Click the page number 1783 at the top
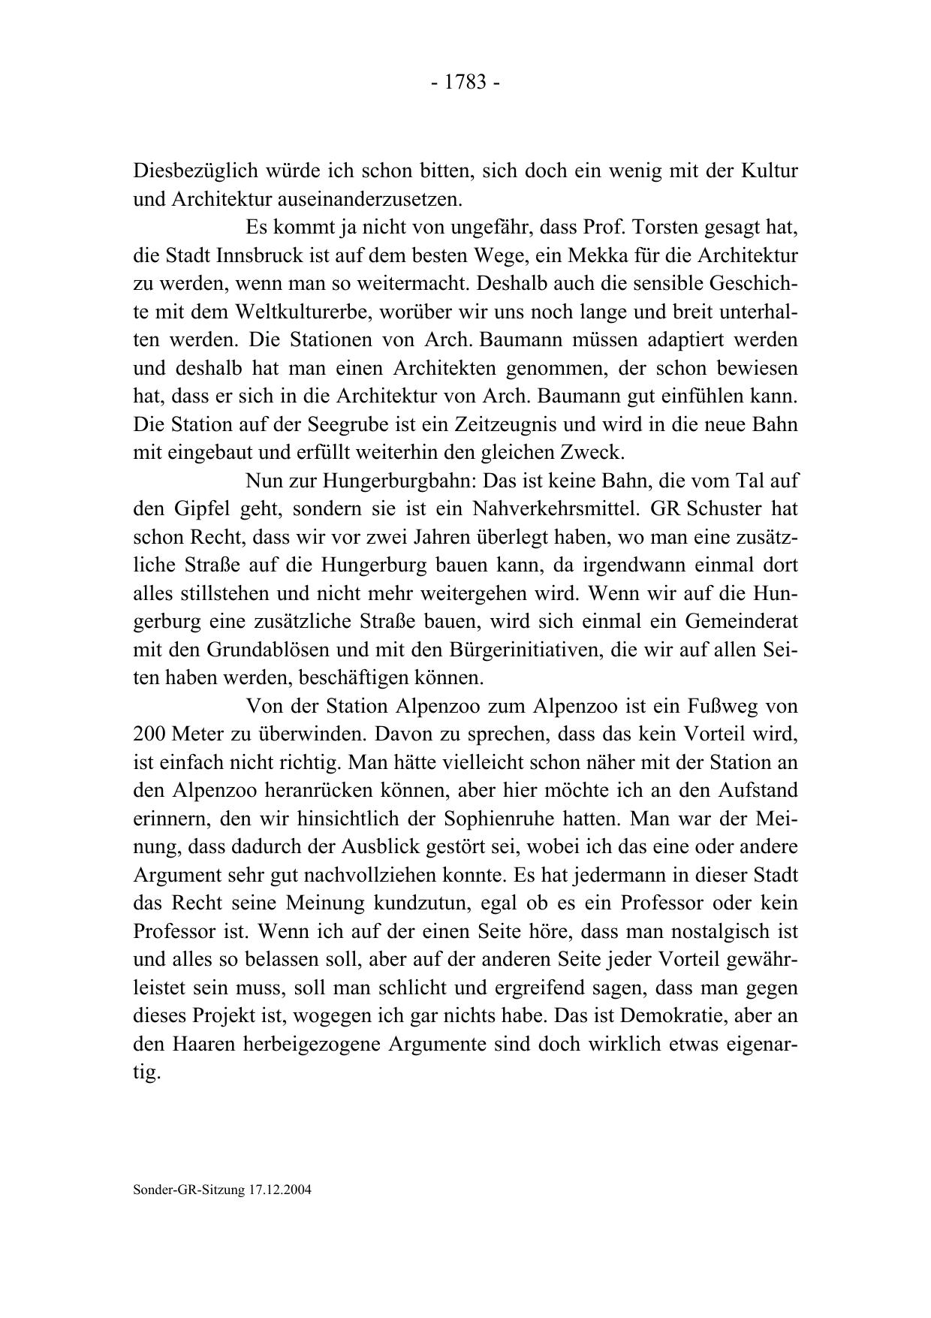pyautogui.click(x=465, y=82)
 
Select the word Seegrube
pyautogui.click(x=348, y=425)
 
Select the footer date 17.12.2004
pyautogui.click(x=278, y=1191)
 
